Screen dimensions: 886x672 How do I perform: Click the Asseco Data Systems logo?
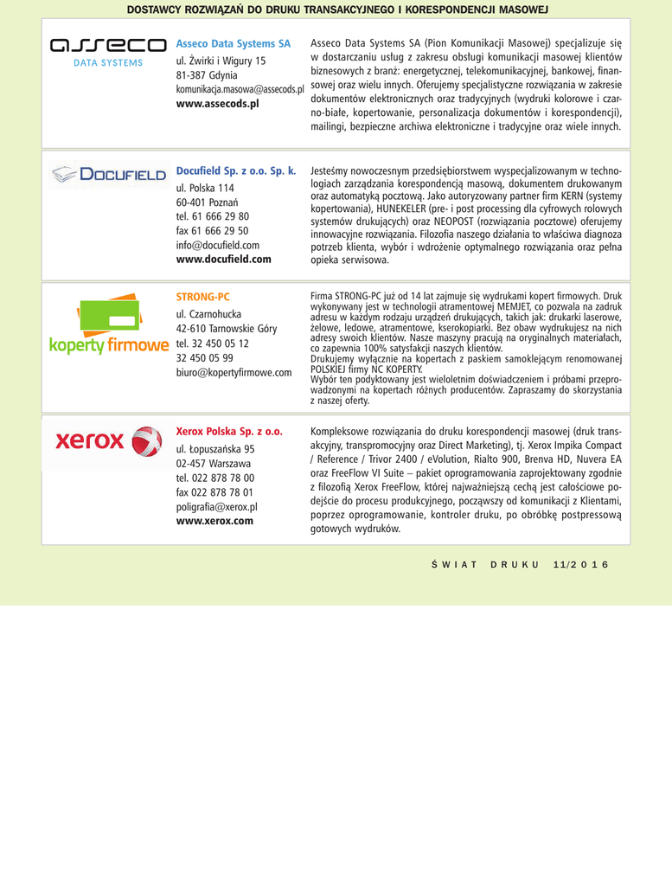pyautogui.click(x=107, y=51)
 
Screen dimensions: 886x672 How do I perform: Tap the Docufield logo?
pyautogui.click(x=107, y=176)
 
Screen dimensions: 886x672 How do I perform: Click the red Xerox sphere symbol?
pyautogui.click(x=147, y=441)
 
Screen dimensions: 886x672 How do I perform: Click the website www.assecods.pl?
pyautogui.click(x=217, y=103)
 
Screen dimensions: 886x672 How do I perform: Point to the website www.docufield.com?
pyautogui.click(x=223, y=259)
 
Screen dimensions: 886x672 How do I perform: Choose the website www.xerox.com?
pyautogui.click(x=214, y=521)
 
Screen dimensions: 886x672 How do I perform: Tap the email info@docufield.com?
pyautogui.click(x=217, y=245)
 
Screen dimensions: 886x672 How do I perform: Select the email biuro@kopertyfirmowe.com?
pyautogui.click(x=234, y=372)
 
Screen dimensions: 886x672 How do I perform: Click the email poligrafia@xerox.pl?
pyautogui.click(x=216, y=507)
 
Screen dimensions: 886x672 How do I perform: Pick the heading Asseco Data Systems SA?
pyautogui.click(x=233, y=43)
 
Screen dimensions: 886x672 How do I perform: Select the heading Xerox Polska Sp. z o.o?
pyautogui.click(x=229, y=431)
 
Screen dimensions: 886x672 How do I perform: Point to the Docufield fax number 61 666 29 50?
pyautogui.click(x=212, y=231)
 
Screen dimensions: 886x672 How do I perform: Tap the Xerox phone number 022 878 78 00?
pyautogui.click(x=214, y=478)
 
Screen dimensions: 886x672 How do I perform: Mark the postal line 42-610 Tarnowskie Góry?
pyautogui.click(x=226, y=328)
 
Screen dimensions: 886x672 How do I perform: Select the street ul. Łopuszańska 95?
pyautogui.click(x=215, y=449)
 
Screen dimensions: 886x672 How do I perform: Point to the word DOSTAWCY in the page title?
pyautogui.click(x=156, y=9)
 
